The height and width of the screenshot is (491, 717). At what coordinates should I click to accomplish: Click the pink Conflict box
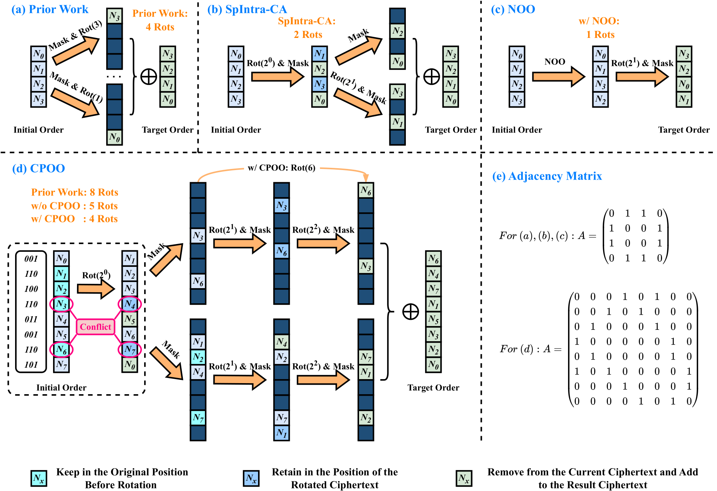pos(95,327)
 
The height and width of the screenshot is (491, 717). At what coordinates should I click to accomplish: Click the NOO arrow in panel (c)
pos(558,77)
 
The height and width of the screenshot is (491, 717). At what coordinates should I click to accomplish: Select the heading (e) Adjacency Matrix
pos(547,176)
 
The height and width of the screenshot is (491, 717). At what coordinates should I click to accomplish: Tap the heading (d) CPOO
pos(38,169)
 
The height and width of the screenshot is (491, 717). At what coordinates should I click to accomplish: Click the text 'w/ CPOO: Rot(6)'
pos(281,168)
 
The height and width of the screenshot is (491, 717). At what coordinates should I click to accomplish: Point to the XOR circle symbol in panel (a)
pos(149,77)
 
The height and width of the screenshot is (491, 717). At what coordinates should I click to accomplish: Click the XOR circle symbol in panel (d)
pos(410,312)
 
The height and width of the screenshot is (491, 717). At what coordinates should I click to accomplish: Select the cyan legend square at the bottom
pos(39,478)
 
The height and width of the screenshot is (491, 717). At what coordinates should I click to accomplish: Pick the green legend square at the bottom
pos(464,478)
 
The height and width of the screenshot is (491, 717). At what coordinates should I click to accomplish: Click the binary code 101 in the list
pos(31,365)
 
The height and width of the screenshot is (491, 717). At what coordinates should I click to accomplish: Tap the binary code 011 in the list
pos(31,319)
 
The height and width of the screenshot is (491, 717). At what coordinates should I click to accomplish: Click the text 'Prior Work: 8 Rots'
pos(74,192)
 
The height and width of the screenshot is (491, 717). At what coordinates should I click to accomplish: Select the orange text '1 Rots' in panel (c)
pos(600,35)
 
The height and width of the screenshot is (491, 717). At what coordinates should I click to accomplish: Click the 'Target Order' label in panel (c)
pos(684,130)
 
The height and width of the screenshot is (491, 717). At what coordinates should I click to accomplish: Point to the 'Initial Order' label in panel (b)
pos(236,130)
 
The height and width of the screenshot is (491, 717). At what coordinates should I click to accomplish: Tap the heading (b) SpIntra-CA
pos(247,10)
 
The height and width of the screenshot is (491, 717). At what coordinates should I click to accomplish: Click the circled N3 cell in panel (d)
pos(62,304)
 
